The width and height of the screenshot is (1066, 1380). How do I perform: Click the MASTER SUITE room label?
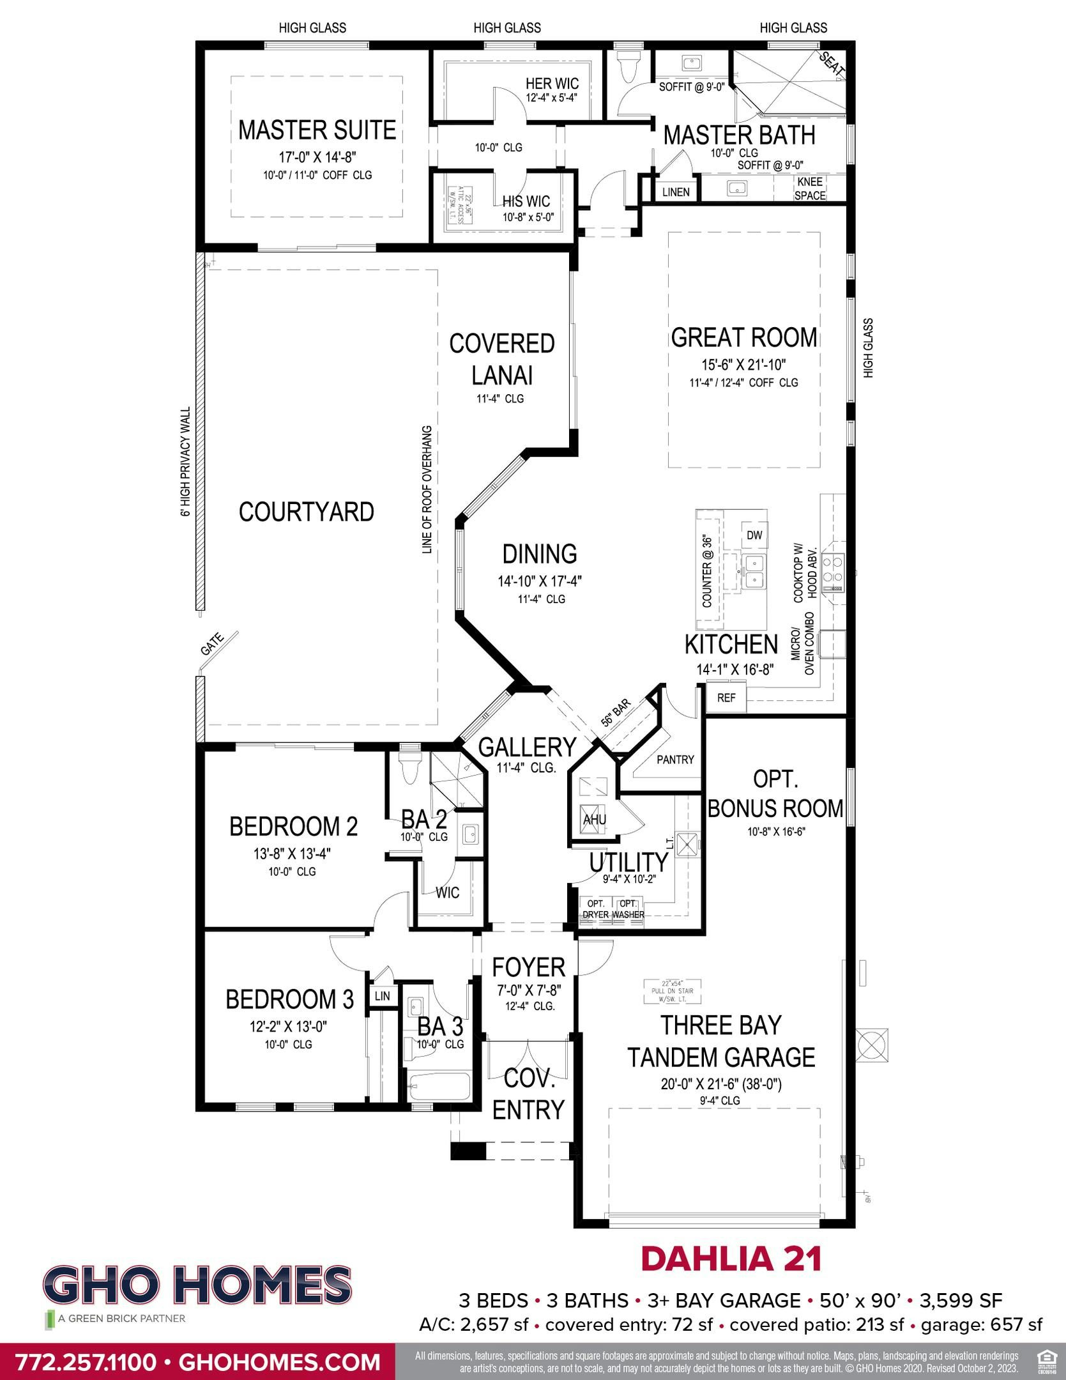coord(317,130)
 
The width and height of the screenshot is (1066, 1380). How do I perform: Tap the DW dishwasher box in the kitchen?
coord(754,535)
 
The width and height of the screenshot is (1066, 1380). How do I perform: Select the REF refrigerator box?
coord(726,698)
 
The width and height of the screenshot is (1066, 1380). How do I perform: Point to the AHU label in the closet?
coord(594,819)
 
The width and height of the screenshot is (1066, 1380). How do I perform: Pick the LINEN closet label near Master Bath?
coord(676,192)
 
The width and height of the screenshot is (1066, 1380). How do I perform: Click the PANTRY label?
coord(675,760)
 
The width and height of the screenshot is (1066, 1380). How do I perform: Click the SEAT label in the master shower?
coord(832,65)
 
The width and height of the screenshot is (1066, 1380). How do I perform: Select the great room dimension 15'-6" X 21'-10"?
coord(743,365)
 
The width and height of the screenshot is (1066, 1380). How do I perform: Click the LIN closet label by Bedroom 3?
coord(382,996)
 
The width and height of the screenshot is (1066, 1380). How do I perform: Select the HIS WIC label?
coord(526,202)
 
